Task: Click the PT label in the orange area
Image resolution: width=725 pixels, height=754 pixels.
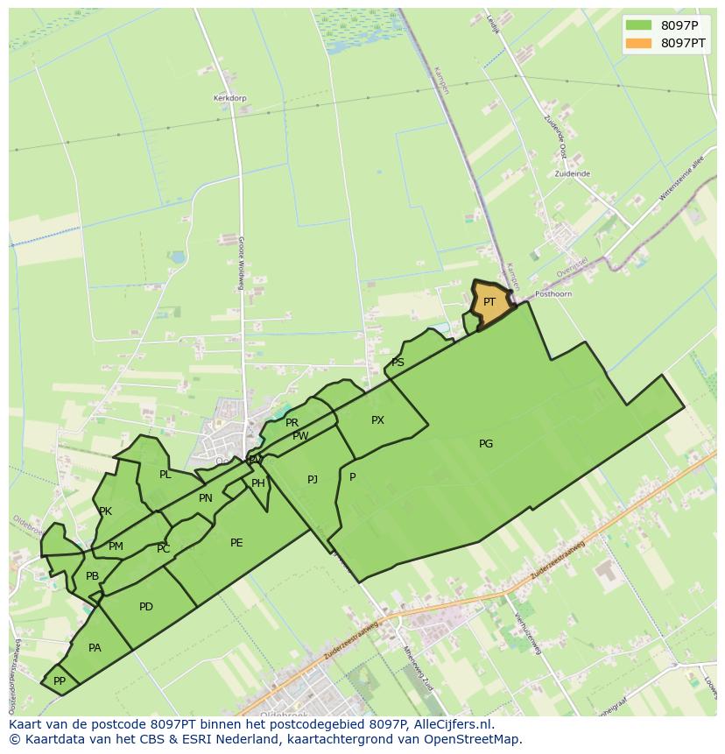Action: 489,301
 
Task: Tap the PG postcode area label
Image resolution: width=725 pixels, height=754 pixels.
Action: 486,444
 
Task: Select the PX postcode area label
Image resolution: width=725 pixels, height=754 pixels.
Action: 377,420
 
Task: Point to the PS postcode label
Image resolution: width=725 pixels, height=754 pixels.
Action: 398,363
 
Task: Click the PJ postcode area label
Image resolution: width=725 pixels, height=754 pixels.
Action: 313,479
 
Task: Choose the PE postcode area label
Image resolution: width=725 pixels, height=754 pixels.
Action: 236,543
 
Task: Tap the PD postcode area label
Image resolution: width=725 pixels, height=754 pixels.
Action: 146,607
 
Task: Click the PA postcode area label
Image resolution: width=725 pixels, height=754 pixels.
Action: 95,648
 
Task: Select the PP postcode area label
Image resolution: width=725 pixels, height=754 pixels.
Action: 60,680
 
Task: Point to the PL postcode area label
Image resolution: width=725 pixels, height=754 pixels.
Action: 165,475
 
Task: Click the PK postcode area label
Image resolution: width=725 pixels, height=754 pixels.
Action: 105,511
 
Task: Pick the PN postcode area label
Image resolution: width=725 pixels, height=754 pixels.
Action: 206,498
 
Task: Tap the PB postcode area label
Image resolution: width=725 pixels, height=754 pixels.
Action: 92,576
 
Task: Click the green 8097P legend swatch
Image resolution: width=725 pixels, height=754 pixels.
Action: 639,25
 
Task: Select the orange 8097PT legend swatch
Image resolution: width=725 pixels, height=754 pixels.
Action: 639,43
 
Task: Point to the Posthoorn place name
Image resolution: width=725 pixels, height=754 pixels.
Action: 553,294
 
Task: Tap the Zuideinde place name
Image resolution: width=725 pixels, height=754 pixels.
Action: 572,174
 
